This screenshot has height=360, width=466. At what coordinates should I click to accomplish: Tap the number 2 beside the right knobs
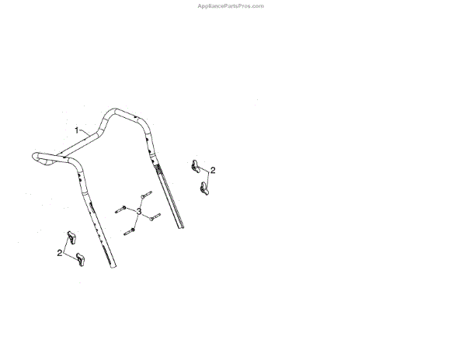tap(213, 170)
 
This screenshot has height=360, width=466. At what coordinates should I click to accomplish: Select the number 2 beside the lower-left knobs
tap(59, 253)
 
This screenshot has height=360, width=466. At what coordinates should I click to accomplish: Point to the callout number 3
tap(138, 211)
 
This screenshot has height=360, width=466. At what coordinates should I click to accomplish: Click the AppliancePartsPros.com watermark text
tap(232, 5)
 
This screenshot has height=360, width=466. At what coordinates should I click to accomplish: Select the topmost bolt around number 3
tap(145, 196)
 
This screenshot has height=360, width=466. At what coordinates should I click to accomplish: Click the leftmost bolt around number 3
tap(120, 208)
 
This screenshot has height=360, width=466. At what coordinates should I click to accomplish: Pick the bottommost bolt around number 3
tap(130, 230)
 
